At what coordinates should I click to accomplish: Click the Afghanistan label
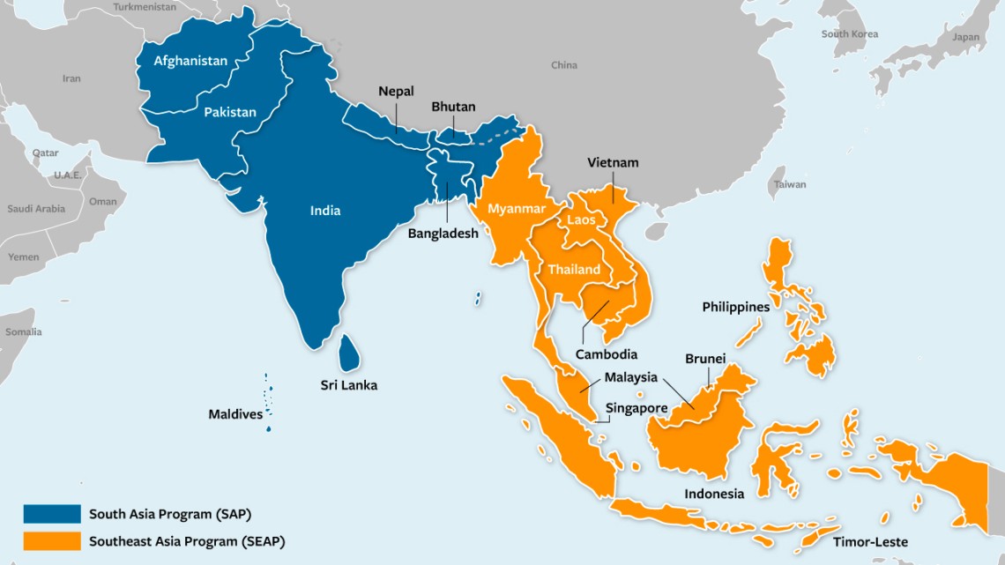point(190,61)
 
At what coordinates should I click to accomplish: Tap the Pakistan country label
point(230,112)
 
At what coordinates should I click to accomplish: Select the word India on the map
point(324,211)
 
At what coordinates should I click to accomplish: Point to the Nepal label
point(396,91)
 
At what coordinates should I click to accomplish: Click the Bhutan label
point(453,107)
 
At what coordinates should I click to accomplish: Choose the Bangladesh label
point(443,234)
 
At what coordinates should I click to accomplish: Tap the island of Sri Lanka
point(350,353)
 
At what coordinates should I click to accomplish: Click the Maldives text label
point(235,413)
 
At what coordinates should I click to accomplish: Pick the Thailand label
point(574,269)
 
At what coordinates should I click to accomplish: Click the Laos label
point(581,219)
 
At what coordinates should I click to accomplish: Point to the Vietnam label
point(613,162)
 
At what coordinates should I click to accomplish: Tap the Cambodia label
point(606,354)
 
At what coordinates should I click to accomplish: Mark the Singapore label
point(636,408)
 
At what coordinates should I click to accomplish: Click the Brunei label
point(705,359)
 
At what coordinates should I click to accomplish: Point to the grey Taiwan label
point(789,185)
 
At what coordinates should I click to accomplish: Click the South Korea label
point(849,33)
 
